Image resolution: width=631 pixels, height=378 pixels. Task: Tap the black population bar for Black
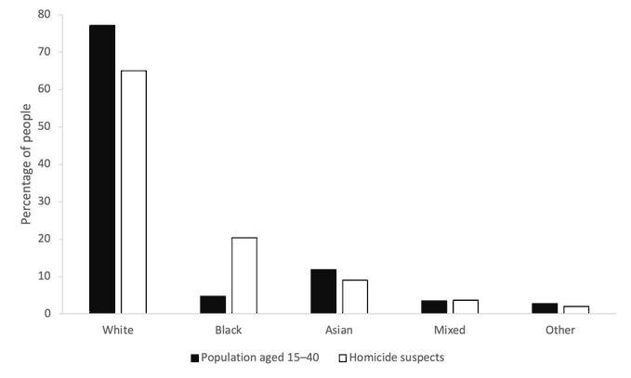(213, 305)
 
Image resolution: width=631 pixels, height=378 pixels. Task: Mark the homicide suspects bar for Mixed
(466, 306)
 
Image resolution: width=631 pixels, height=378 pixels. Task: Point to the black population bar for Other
(545, 308)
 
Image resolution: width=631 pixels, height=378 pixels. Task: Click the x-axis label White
(118, 330)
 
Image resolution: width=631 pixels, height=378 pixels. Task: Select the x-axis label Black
(229, 330)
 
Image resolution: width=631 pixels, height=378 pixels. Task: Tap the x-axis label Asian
(339, 330)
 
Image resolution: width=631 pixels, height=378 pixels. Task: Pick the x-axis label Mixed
(450, 330)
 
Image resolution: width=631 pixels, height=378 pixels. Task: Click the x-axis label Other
(560, 330)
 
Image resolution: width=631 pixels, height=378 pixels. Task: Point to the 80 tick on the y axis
(45, 14)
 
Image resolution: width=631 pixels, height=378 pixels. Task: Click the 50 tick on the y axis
(45, 126)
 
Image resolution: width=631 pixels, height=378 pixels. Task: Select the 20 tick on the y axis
(45, 239)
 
